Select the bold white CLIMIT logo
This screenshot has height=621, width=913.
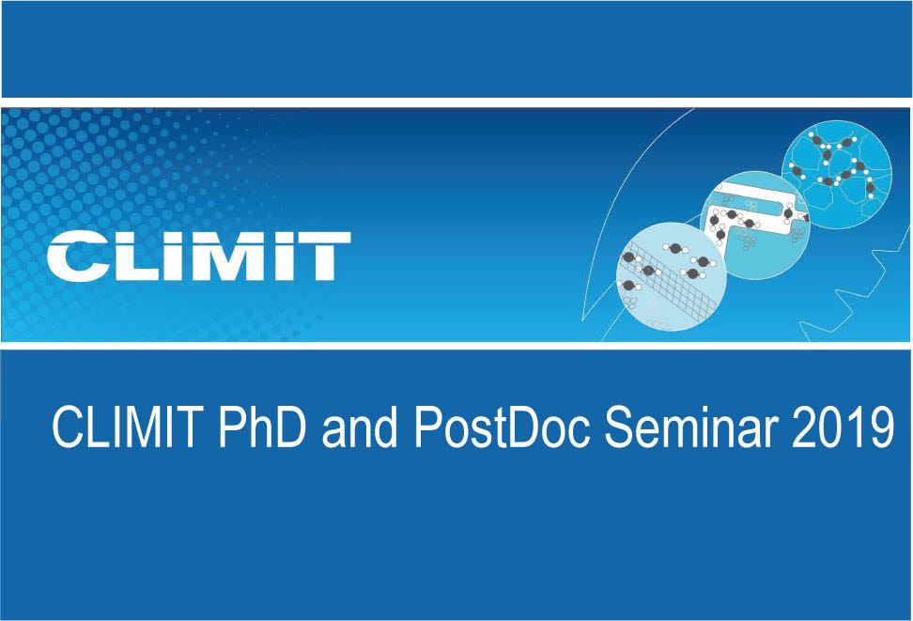tap(199, 256)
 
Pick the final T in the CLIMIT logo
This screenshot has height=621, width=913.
tap(324, 256)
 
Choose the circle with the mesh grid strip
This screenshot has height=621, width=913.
tap(672, 276)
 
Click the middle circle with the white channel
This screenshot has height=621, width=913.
tap(754, 225)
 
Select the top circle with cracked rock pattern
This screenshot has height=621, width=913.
tap(837, 174)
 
